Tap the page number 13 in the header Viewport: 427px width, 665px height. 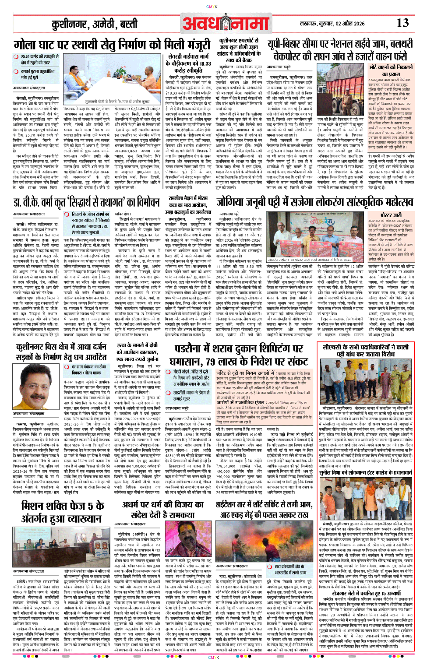coord(402,23)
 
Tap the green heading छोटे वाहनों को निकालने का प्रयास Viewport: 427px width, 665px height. coord(391,70)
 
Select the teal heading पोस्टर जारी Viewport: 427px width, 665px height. coord(391,215)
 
